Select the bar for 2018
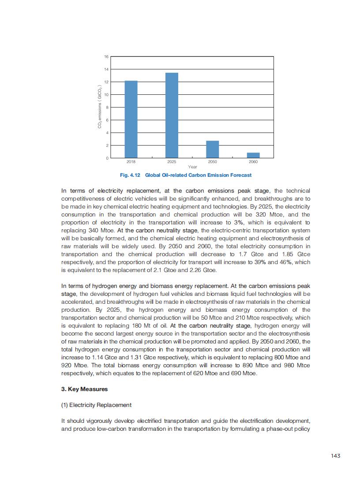131,119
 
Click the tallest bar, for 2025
172,115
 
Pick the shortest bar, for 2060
253,155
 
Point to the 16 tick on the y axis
106,57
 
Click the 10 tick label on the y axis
106,95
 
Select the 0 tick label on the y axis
107,158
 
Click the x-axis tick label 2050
213,162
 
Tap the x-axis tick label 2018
131,162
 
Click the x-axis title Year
192,167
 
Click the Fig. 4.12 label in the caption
130,175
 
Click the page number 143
335,456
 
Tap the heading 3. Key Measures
84,389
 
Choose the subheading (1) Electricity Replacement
96,405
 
